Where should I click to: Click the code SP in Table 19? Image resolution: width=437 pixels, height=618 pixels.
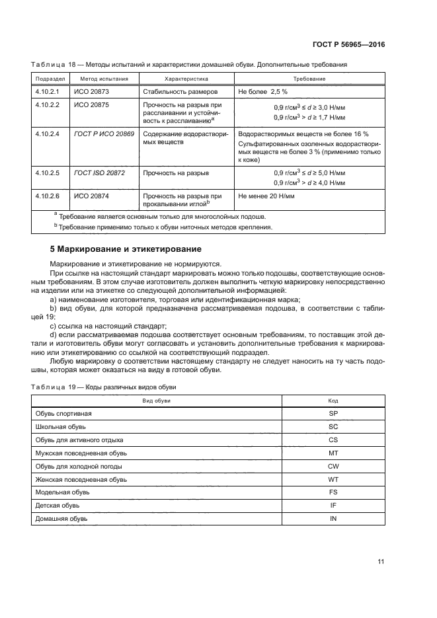[333, 413]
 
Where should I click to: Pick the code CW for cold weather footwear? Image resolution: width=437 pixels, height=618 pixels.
[333, 466]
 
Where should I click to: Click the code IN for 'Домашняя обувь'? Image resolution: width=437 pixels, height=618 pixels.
[333, 519]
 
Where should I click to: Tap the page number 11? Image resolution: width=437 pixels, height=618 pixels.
[381, 562]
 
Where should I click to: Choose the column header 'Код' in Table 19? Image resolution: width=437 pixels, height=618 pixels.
[333, 401]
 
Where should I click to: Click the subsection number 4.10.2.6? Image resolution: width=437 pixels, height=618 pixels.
[47, 196]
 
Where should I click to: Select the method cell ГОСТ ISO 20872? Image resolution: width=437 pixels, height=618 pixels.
[98, 173]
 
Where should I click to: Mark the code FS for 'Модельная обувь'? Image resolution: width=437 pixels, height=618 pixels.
[333, 492]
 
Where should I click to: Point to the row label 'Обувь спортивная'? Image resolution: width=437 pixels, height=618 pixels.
[63, 413]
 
